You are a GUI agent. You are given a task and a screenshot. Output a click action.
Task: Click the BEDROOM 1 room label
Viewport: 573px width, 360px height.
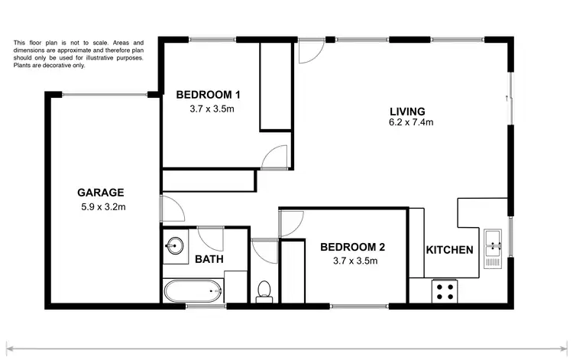(209, 95)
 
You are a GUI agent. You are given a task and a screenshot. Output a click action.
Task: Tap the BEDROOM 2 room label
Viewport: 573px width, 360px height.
(352, 247)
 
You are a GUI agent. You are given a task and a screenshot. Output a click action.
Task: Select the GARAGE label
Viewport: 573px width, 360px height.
(101, 193)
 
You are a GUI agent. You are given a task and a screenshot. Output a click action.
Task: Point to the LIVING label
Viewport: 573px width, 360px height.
(406, 110)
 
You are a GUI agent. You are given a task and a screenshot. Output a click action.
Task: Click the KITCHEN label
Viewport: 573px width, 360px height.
(449, 250)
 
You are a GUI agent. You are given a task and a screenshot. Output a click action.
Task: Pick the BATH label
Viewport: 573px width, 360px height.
(209, 259)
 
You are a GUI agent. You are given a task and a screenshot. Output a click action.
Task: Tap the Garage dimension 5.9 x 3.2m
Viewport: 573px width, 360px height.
(103, 206)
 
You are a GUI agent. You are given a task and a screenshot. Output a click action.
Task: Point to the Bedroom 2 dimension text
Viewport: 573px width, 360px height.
(352, 261)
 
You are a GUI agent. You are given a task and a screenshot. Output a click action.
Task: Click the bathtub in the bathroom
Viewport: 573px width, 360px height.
(192, 291)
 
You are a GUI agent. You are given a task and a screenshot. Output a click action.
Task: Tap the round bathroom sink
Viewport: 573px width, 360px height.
(174, 247)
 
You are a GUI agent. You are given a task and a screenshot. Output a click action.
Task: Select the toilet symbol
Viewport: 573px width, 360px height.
(264, 290)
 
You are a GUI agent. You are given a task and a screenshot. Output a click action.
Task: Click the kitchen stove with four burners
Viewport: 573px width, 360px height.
(445, 290)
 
